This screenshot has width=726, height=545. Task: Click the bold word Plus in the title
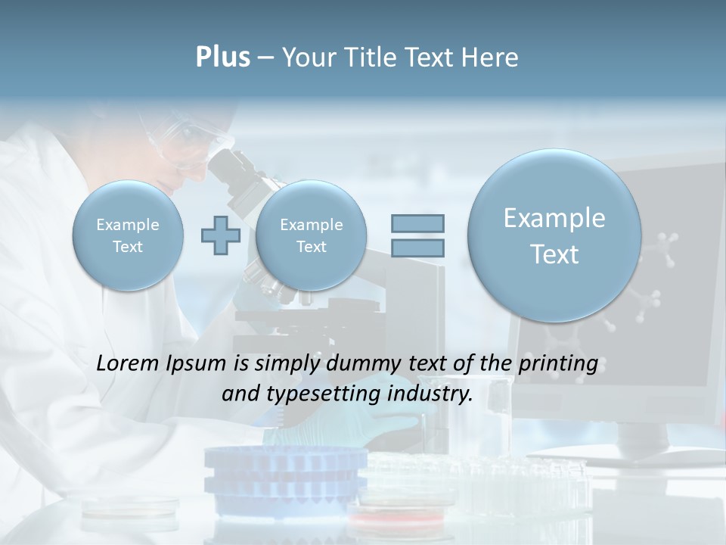coord(222,58)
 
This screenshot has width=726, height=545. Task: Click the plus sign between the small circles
coord(220,235)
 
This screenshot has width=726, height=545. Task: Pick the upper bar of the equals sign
coord(417,223)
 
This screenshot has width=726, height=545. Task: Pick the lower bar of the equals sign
coord(417,248)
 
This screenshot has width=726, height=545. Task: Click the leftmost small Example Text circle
coord(127,235)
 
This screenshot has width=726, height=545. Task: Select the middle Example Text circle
coord(311,235)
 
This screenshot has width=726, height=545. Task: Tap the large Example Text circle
coord(554,235)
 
